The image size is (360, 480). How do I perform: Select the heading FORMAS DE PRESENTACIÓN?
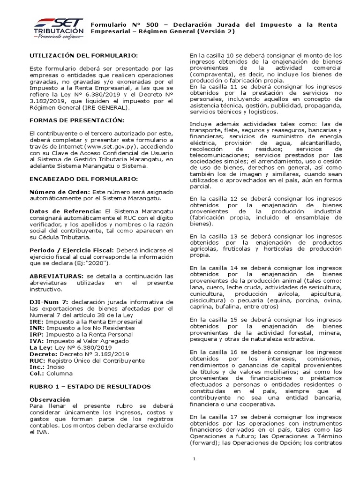(x=76, y=120)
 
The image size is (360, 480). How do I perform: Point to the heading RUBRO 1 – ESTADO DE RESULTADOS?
(x=90, y=386)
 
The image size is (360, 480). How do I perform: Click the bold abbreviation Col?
(x=36, y=374)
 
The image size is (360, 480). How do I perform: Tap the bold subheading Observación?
(x=50, y=399)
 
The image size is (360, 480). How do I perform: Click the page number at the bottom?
(x=194, y=459)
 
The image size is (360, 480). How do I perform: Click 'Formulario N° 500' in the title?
(x=120, y=23)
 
